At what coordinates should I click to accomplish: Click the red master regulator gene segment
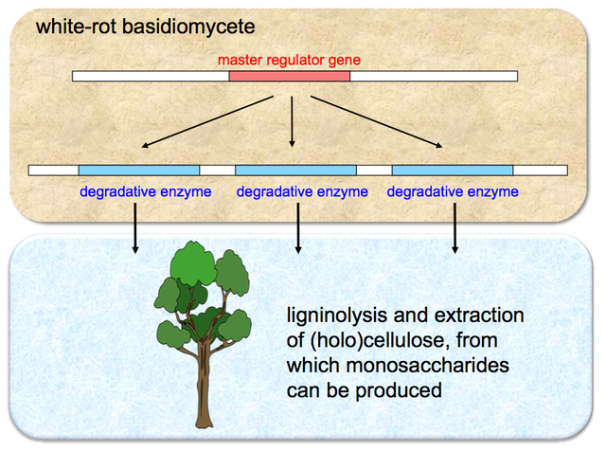click(290, 76)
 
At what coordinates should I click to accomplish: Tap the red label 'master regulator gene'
click(289, 60)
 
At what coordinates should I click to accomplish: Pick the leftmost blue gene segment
click(139, 171)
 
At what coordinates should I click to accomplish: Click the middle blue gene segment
click(295, 171)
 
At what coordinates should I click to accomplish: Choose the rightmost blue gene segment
click(453, 171)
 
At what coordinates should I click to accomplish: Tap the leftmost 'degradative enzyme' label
click(146, 191)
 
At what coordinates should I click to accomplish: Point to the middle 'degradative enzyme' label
click(302, 191)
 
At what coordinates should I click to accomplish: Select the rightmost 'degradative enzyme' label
click(453, 191)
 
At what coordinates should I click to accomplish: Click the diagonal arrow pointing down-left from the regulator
click(207, 122)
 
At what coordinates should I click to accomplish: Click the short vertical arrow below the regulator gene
click(292, 122)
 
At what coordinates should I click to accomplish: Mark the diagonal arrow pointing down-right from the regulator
click(377, 122)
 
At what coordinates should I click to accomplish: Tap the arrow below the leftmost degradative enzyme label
click(134, 228)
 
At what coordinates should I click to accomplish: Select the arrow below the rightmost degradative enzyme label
click(454, 228)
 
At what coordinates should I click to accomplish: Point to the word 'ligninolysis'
click(337, 316)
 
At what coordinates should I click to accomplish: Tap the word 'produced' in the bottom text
click(399, 391)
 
